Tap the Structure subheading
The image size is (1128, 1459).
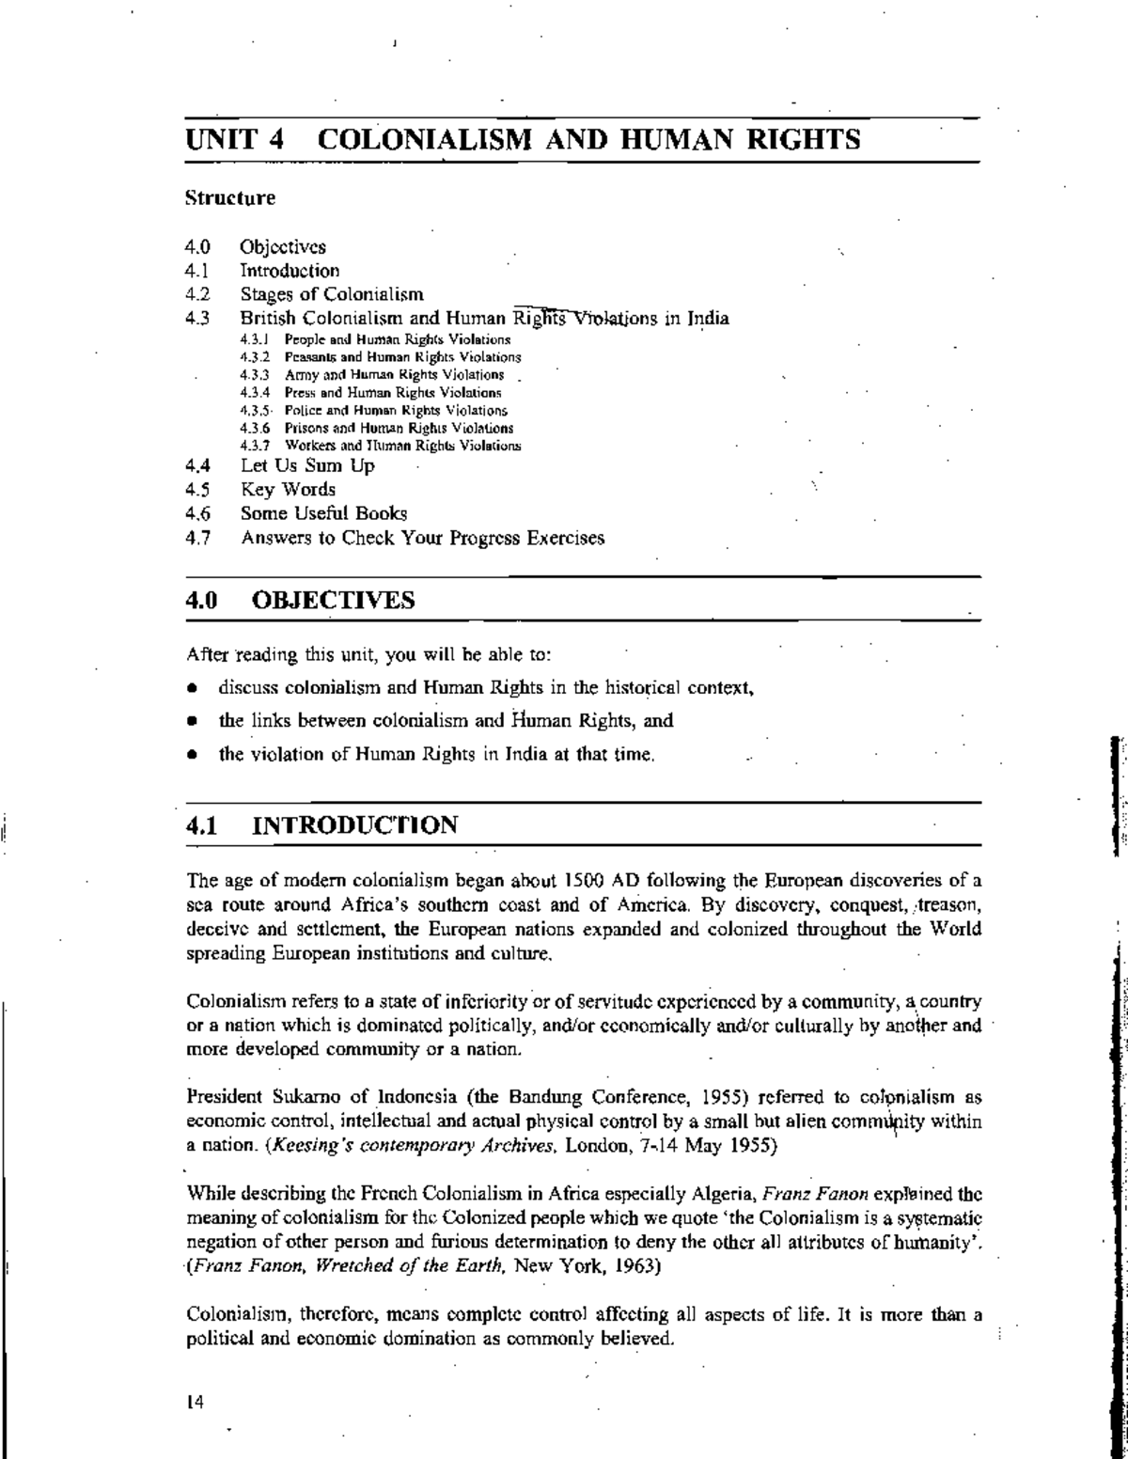(x=230, y=198)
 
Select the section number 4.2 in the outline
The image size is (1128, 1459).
(x=196, y=295)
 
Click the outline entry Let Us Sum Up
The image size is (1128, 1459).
(x=307, y=465)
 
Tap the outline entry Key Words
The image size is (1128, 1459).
(x=288, y=490)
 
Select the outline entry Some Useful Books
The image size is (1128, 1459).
(x=323, y=514)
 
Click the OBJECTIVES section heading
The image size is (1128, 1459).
(x=334, y=600)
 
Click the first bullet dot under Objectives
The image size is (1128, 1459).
(x=191, y=688)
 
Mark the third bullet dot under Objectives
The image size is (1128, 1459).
(x=191, y=755)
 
